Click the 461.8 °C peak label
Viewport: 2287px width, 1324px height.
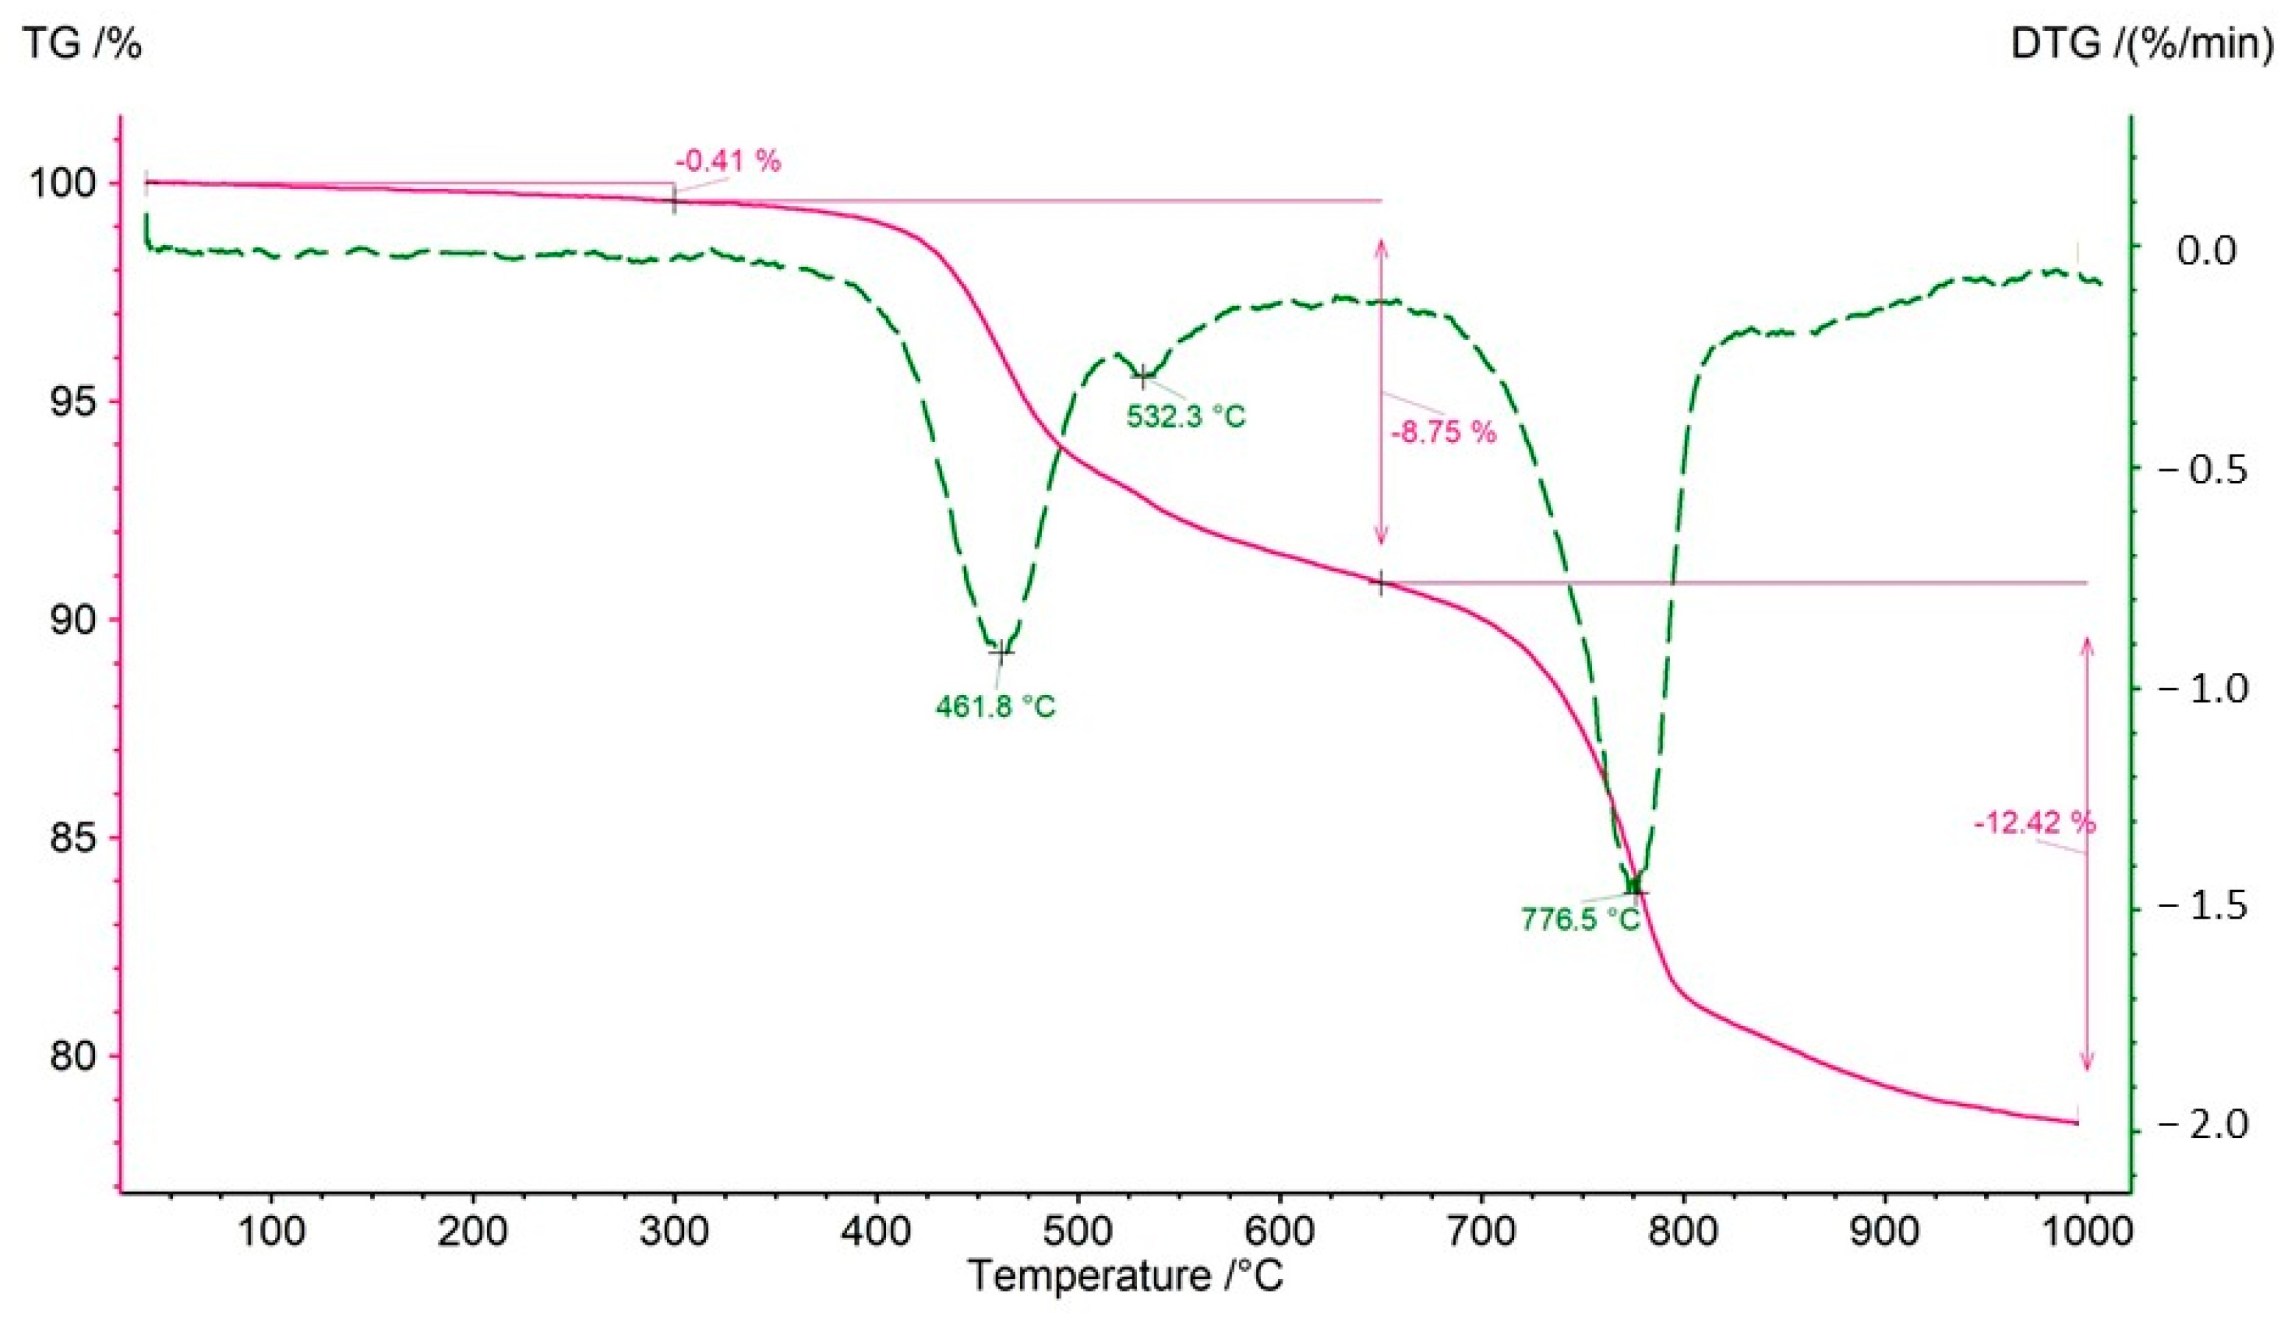[x=996, y=706]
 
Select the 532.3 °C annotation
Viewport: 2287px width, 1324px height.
[x=1186, y=416]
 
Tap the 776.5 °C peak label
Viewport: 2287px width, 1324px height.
[x=1581, y=919]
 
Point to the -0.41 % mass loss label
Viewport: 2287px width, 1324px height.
[x=728, y=162]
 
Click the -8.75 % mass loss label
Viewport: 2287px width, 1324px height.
[x=1443, y=432]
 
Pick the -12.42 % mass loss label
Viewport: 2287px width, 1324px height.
[x=2035, y=823]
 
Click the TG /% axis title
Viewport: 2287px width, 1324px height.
[x=82, y=43]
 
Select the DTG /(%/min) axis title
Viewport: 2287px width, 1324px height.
[x=2147, y=43]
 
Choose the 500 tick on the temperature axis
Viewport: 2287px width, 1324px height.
[x=1077, y=1232]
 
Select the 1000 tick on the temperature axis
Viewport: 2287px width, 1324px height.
[x=2086, y=1232]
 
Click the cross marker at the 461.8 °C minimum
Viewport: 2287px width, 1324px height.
[x=1000, y=652]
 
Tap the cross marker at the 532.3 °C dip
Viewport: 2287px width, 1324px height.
[x=1143, y=375]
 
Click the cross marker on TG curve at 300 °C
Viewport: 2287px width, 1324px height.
[x=674, y=201]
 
